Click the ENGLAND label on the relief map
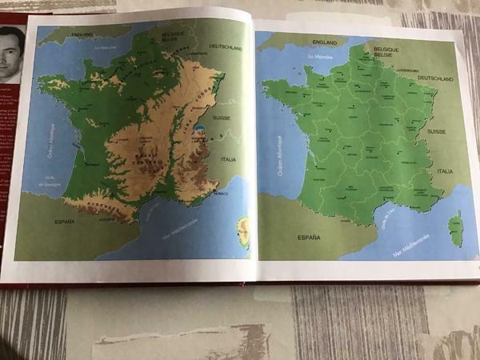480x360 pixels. pos(82,34)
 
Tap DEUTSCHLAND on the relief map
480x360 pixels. pos(226,48)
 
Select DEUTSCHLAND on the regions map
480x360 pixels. pos(436,79)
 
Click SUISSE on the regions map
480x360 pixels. pos(437,131)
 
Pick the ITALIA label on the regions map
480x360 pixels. pos(445,171)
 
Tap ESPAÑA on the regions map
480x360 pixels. pos(309,238)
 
